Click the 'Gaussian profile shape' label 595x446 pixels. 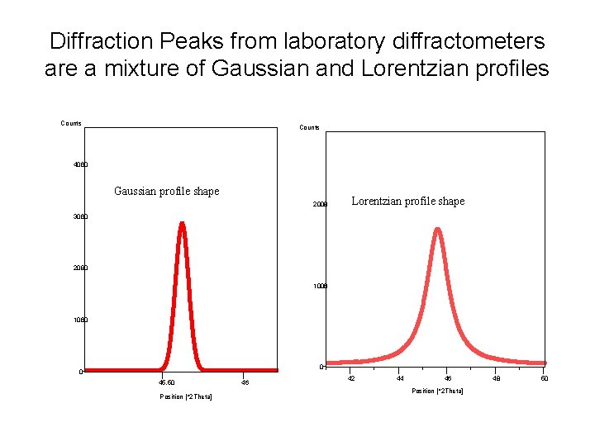tap(166, 192)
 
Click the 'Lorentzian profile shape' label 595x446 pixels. tap(408, 201)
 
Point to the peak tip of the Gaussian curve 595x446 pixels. tap(182, 223)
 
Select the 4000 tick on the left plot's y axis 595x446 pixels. tap(80, 165)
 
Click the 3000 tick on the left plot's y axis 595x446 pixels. tap(80, 216)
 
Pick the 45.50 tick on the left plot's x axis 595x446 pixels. tap(166, 382)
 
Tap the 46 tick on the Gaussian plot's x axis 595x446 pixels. tap(245, 382)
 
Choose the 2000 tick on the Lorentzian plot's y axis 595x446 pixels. tap(321, 205)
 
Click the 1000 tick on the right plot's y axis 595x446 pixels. tap(321, 286)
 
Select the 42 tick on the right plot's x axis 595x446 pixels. tap(351, 378)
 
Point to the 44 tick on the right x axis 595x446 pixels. tap(400, 378)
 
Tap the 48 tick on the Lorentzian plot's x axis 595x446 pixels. tap(496, 378)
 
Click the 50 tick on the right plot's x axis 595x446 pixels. tap(544, 378)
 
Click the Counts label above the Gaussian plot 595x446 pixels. tap(71, 124)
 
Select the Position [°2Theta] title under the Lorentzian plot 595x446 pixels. tap(437, 391)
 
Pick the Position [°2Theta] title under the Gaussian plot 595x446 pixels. tap(186, 397)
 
